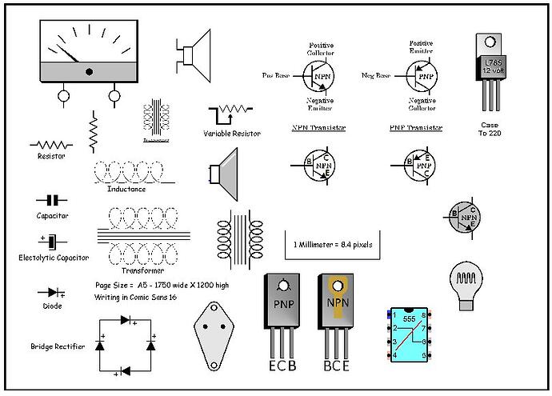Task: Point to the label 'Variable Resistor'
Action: [x=232, y=134]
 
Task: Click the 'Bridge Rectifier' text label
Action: [x=57, y=346]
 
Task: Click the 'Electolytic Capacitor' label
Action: [x=54, y=258]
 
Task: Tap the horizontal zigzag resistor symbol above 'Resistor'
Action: [x=51, y=145]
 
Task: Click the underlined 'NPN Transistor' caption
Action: [x=318, y=127]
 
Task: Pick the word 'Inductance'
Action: [x=126, y=190]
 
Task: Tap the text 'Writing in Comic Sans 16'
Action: [x=136, y=297]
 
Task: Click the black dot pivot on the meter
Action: [x=88, y=71]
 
